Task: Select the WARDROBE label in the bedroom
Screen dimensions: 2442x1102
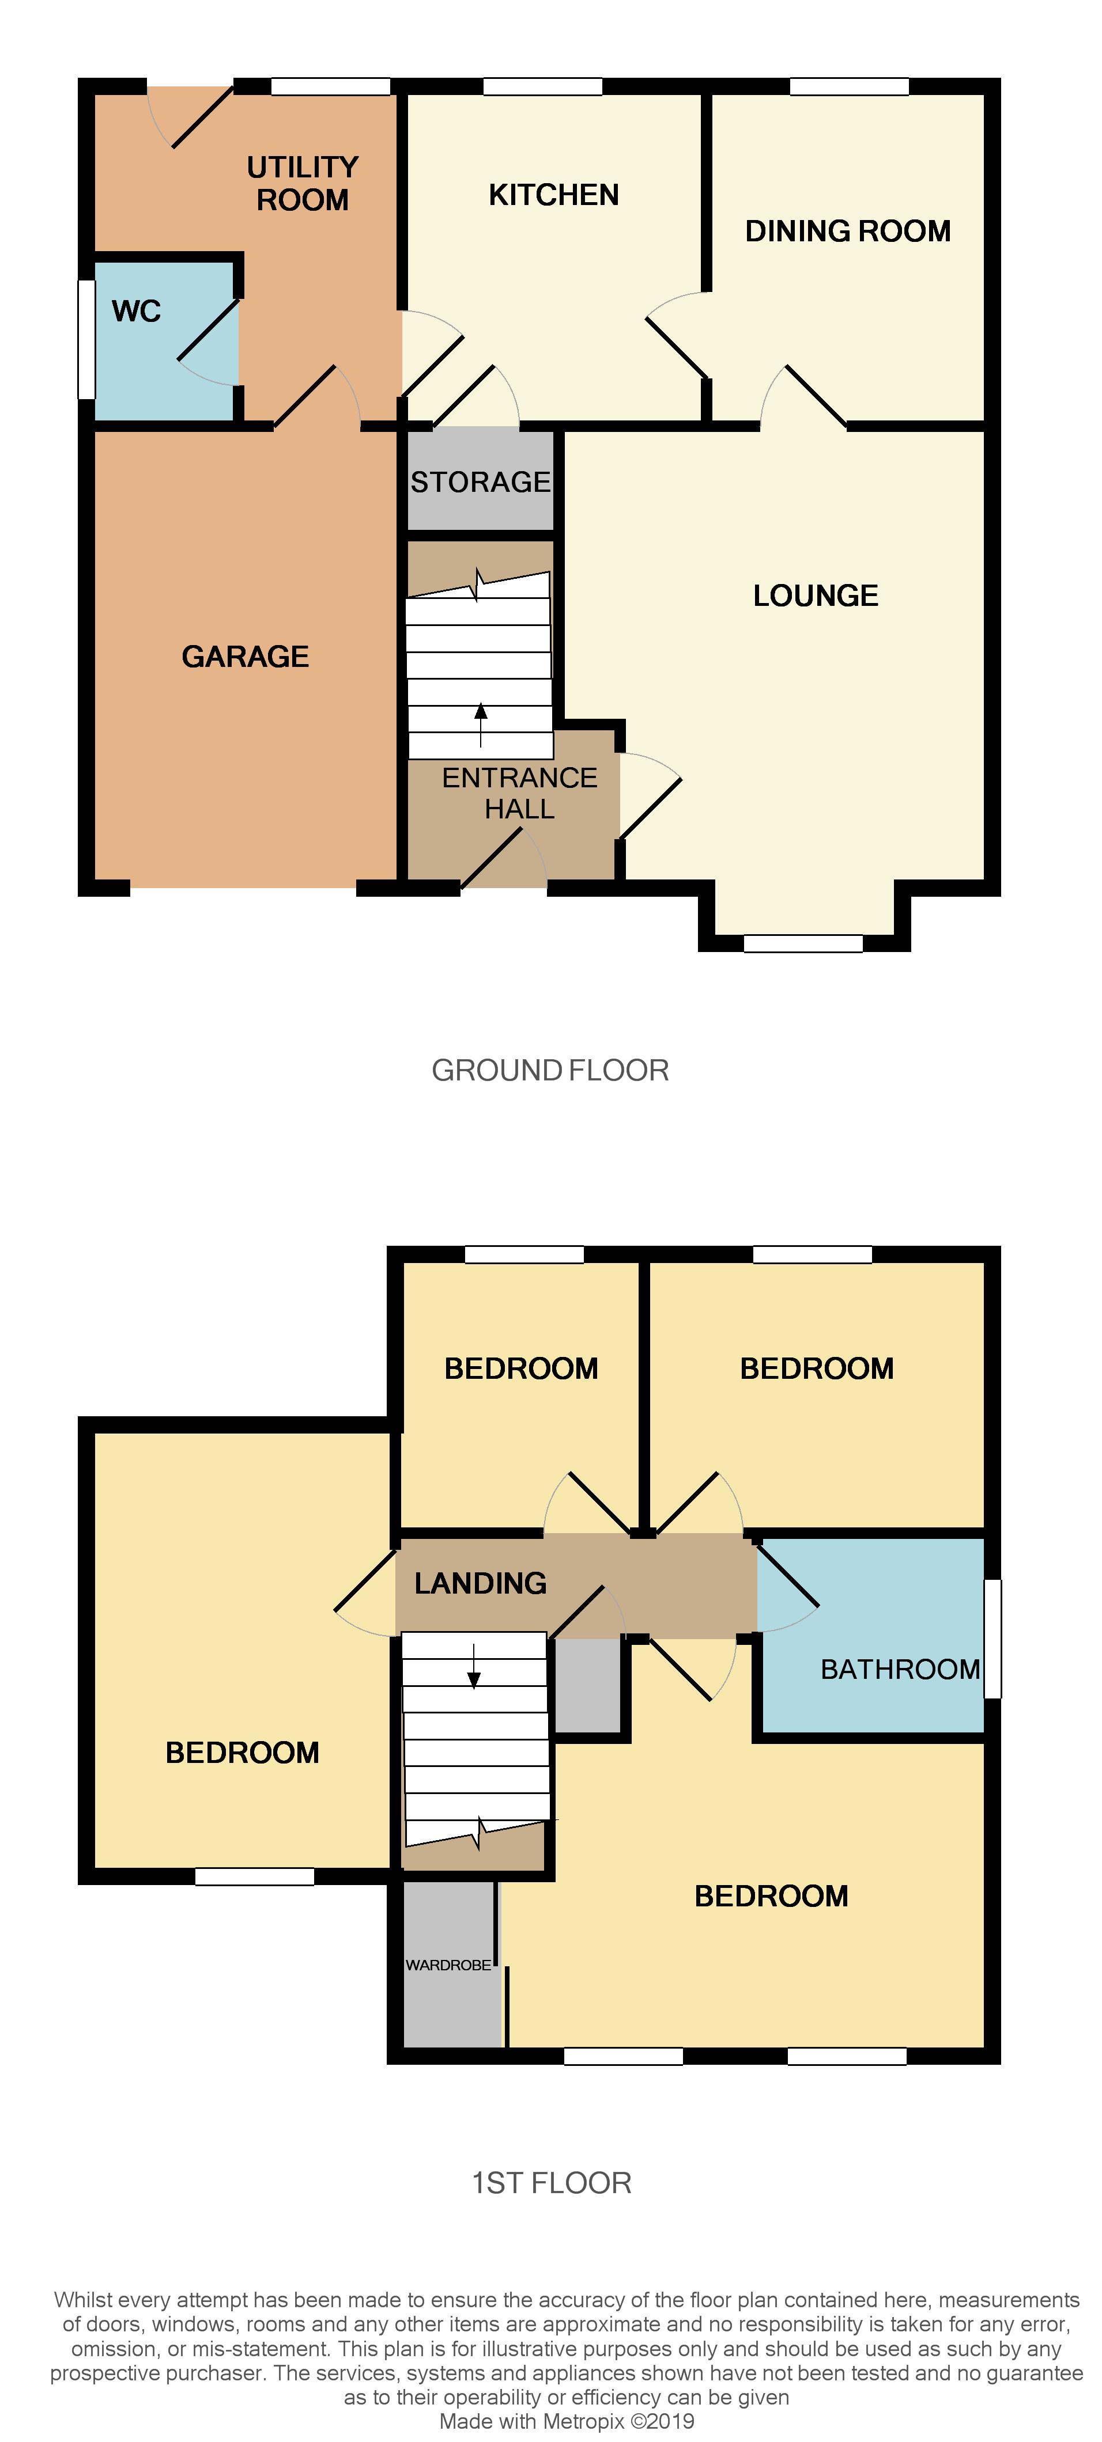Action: (x=448, y=1965)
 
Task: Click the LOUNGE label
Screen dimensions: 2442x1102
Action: (x=816, y=596)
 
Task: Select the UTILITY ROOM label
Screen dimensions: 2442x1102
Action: (x=303, y=184)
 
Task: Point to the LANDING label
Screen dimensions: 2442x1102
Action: (x=480, y=1583)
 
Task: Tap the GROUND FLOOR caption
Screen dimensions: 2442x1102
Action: (x=550, y=1070)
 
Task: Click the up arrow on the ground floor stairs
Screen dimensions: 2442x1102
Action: (x=481, y=725)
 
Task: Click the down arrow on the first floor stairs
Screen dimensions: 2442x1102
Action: (x=474, y=1667)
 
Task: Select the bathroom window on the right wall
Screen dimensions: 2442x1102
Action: (x=992, y=1638)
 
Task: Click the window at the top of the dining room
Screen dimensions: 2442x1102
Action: (x=849, y=86)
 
